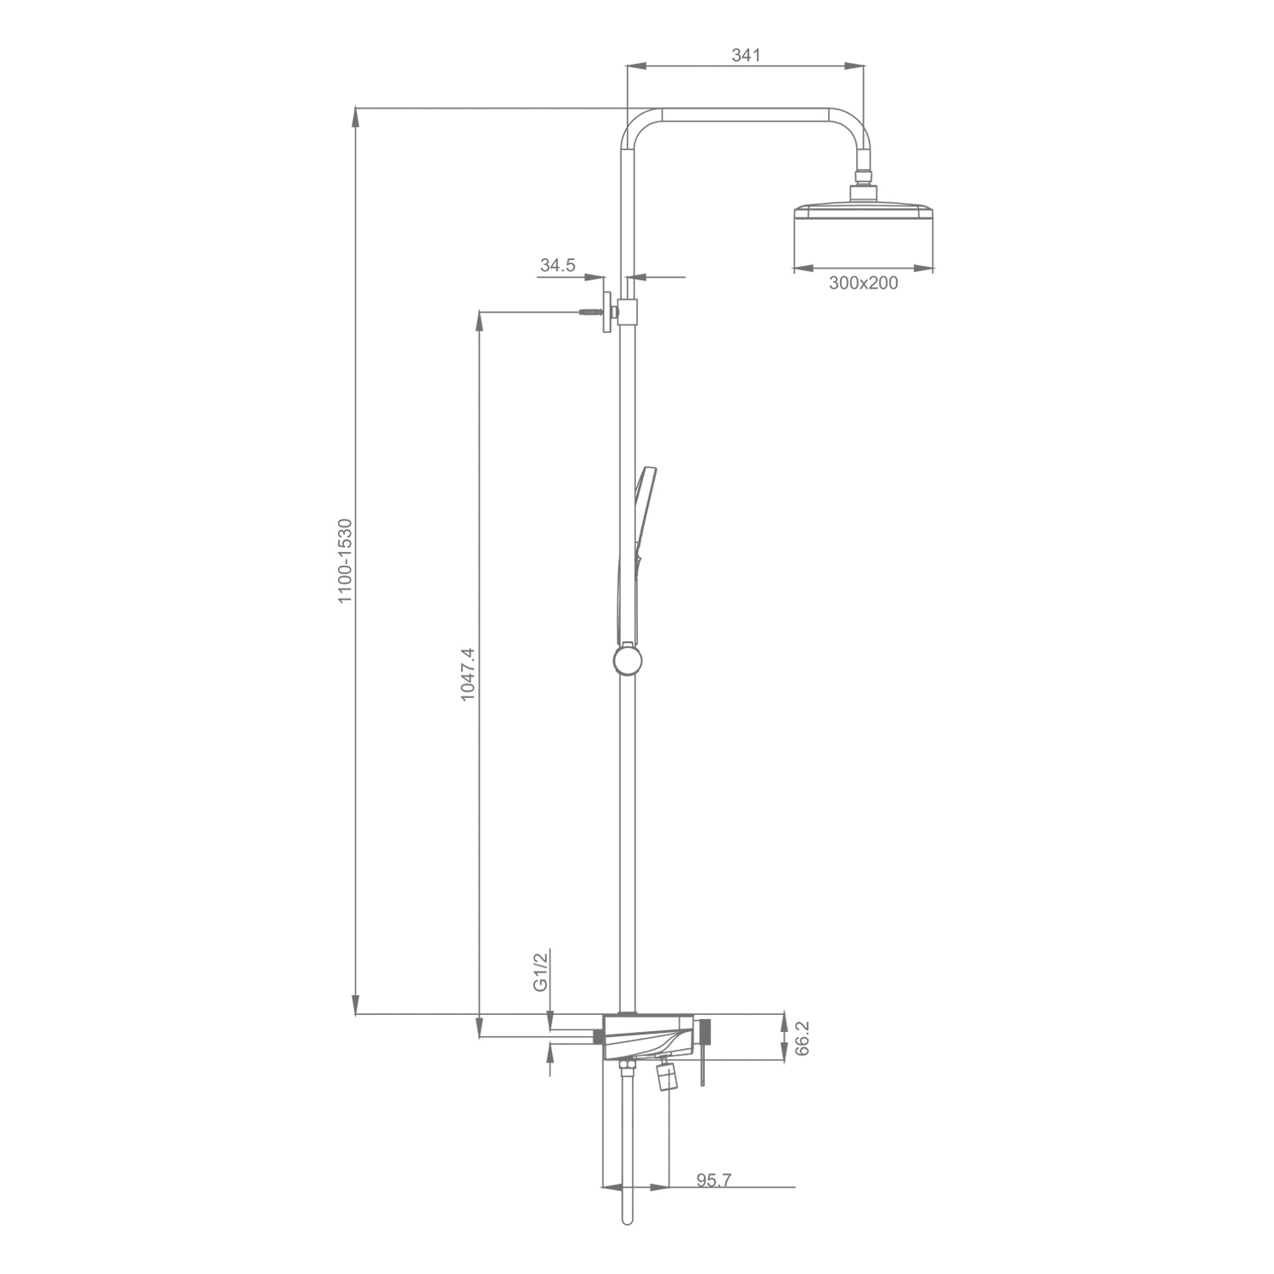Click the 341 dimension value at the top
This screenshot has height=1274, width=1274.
point(745,56)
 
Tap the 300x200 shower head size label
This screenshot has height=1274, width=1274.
point(863,283)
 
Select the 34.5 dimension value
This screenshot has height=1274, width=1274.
point(557,265)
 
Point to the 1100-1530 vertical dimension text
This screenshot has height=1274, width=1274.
point(345,561)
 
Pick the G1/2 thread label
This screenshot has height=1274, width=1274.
point(540,972)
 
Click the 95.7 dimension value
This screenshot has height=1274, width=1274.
point(713,1181)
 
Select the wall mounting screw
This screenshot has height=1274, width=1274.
point(589,313)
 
